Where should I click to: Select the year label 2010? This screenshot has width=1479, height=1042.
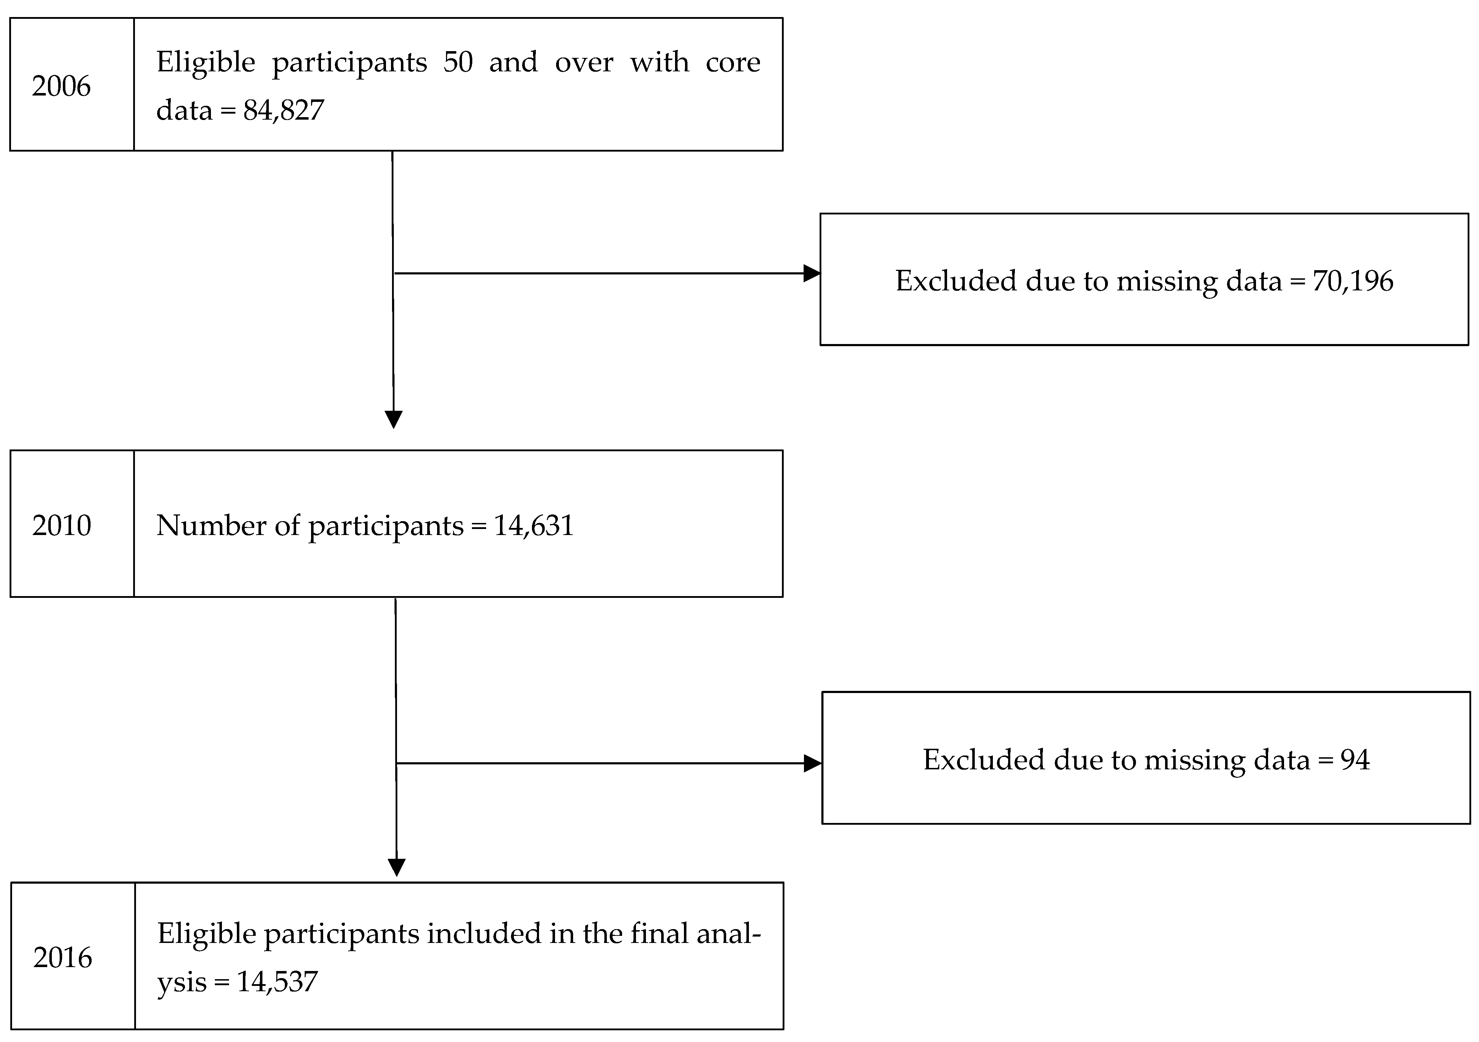click(62, 525)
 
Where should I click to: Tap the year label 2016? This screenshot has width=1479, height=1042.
click(62, 958)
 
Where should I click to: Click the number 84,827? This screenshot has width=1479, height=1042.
click(283, 110)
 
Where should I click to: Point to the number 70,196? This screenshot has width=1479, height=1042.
click(1353, 281)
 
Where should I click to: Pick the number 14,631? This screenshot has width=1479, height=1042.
click(533, 525)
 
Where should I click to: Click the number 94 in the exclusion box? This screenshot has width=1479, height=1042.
click(1355, 760)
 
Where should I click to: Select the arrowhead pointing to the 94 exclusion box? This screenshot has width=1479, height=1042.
click(813, 764)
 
